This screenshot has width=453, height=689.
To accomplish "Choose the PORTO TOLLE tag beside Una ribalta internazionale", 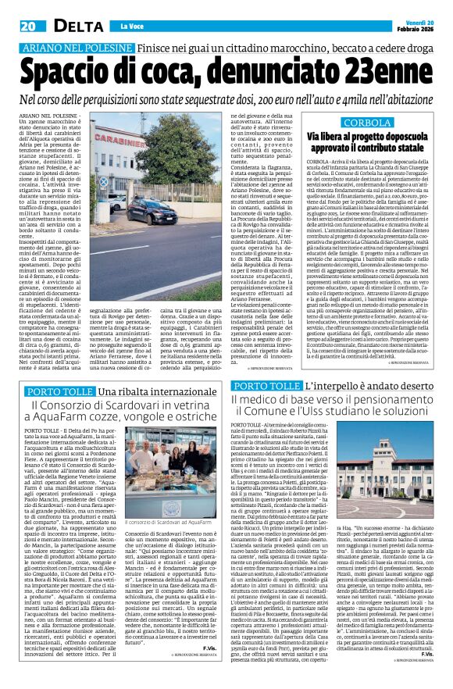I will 59,391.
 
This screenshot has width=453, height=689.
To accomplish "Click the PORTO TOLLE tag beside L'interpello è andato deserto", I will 266,386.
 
